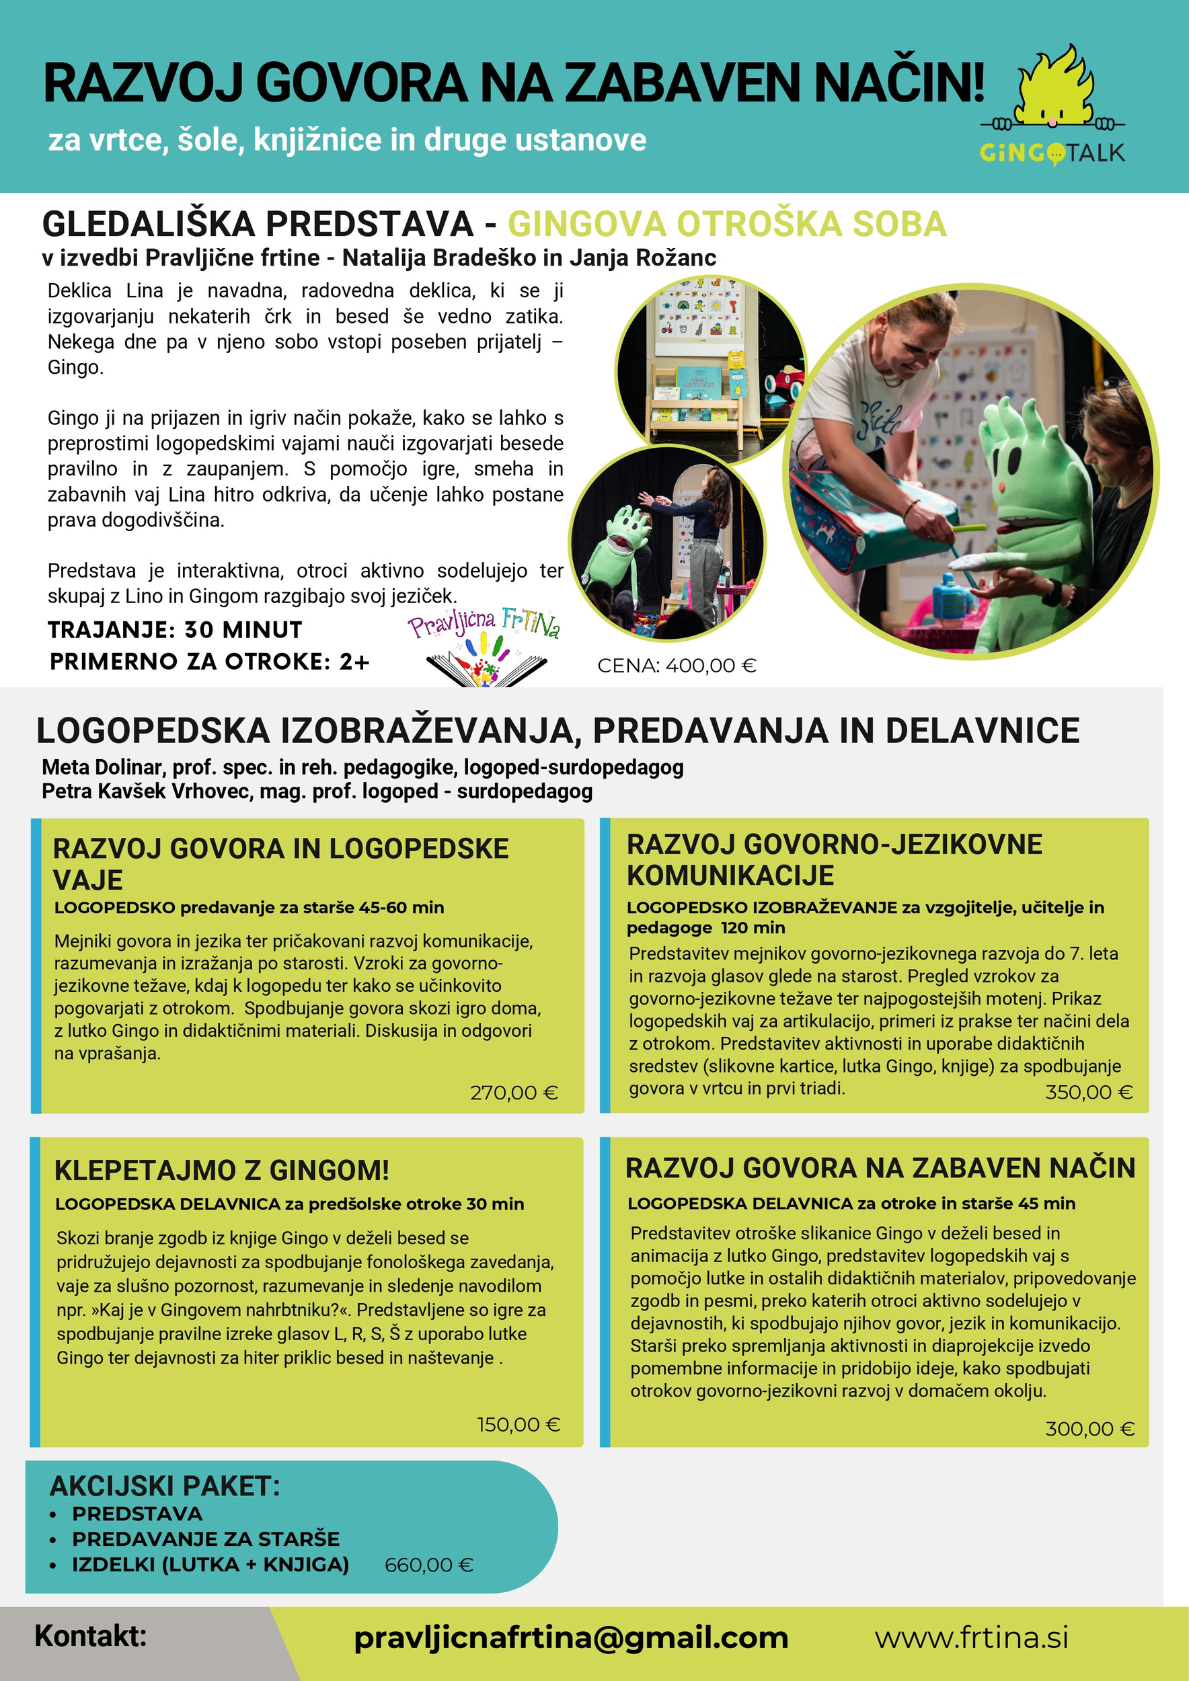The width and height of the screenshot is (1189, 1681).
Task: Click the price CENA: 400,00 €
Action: [677, 666]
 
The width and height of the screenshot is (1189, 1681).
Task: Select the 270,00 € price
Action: [514, 1093]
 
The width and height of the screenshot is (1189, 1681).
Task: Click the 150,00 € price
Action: [519, 1425]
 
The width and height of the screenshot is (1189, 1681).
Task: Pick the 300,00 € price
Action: [1089, 1428]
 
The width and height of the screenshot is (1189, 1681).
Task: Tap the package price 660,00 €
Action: [429, 1565]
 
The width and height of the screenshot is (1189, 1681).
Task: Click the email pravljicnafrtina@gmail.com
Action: [570, 1638]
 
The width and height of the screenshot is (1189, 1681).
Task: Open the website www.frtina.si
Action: [972, 1638]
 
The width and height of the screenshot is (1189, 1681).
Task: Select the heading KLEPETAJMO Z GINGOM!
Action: [221, 1170]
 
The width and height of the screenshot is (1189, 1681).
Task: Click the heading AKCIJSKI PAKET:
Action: [165, 1486]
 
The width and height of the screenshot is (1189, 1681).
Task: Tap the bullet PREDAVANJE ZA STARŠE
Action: [205, 1539]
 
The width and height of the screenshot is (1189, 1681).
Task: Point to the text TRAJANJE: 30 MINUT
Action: [175, 629]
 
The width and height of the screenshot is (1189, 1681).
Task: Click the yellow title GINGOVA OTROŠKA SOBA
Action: [726, 224]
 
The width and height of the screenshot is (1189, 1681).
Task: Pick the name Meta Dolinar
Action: [102, 767]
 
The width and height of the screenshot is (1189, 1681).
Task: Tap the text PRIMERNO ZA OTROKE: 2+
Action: [209, 662]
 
